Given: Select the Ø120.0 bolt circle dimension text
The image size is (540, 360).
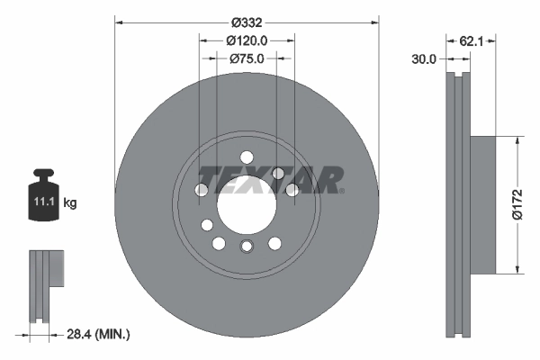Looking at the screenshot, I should (x=247, y=40).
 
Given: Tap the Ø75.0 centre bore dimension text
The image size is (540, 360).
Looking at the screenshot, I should (x=247, y=58).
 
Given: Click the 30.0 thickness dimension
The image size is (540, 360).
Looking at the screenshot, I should (x=423, y=58).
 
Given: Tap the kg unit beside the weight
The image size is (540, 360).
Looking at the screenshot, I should (x=70, y=203).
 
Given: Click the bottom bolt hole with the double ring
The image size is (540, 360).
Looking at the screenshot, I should (x=247, y=247).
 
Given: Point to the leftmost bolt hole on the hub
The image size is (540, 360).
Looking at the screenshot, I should (x=202, y=190).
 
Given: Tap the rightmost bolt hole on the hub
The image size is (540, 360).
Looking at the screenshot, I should (x=292, y=190).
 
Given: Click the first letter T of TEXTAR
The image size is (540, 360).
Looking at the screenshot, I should (x=210, y=180).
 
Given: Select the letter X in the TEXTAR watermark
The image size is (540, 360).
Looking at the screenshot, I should (x=259, y=180).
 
